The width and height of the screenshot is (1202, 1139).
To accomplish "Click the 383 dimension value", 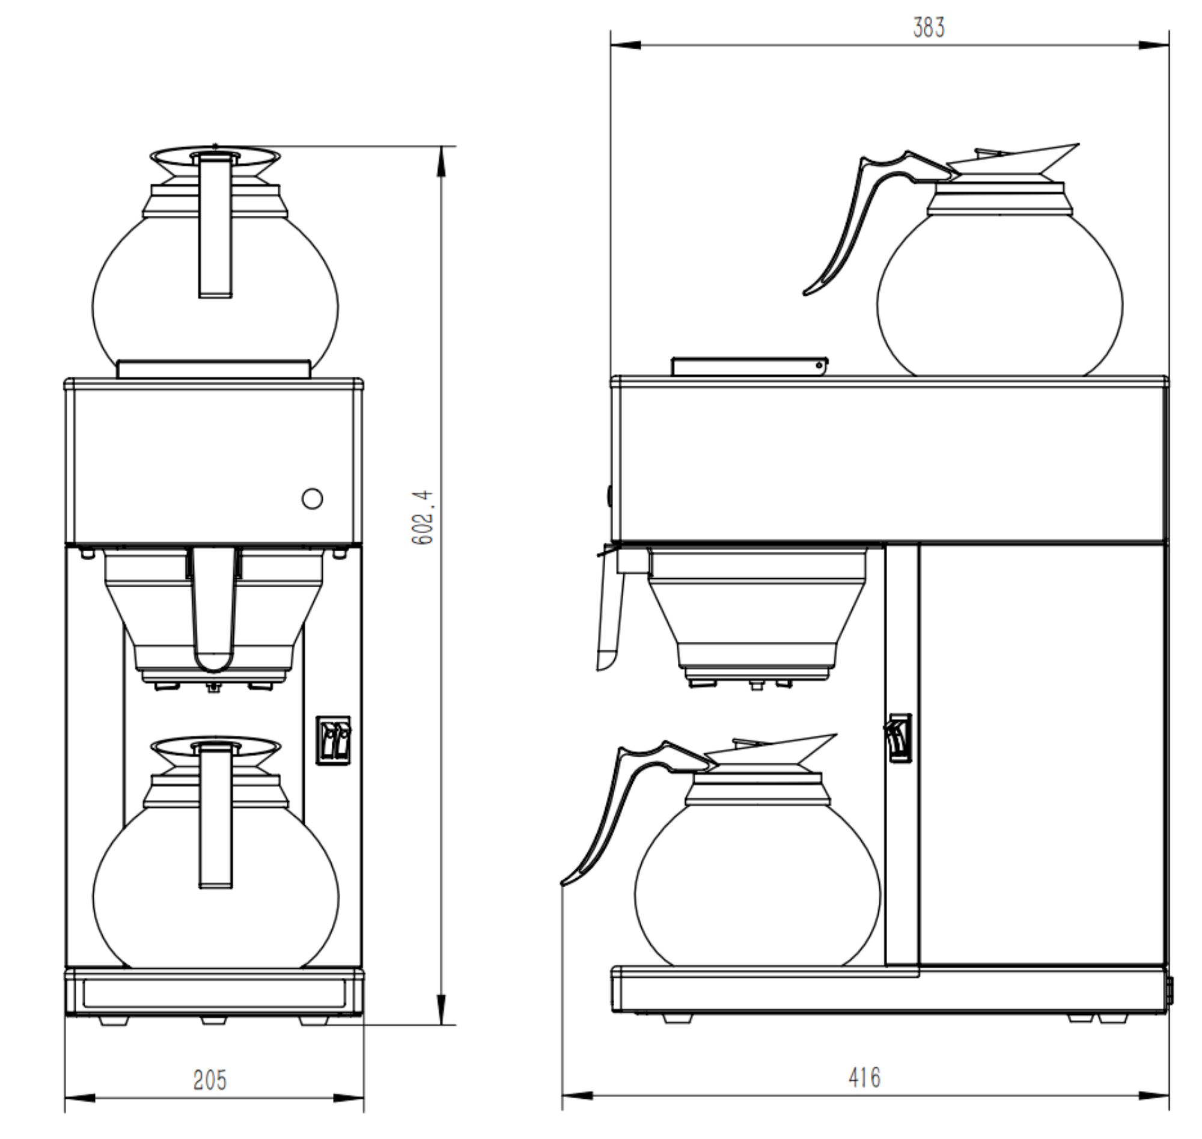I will pos(928,28).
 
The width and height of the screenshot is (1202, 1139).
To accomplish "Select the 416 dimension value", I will pos(864,1078).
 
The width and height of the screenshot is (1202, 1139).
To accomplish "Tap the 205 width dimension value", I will pos(209,1080).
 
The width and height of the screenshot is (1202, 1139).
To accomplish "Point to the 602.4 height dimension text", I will pos(423,518).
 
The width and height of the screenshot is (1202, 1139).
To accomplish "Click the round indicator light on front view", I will pos(312,498).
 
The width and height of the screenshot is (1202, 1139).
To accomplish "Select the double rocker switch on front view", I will pos(334,740).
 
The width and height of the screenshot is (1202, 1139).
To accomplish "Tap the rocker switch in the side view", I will pos(900,737).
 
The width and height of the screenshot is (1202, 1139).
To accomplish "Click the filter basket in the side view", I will pos(757,613).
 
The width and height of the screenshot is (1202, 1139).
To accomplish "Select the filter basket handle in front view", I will pos(213,607).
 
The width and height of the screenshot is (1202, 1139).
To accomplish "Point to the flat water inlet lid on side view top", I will pos(748,366).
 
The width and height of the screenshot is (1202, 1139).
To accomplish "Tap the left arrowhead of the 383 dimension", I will pos(625,45).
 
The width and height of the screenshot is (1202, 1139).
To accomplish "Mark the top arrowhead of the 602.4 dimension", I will pos(441,162).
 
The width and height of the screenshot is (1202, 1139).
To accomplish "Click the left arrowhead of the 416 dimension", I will pos(577,1095).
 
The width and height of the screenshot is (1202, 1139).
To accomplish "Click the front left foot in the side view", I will pos(677,1018).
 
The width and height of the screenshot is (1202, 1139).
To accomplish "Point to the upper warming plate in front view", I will pos(214,368).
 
